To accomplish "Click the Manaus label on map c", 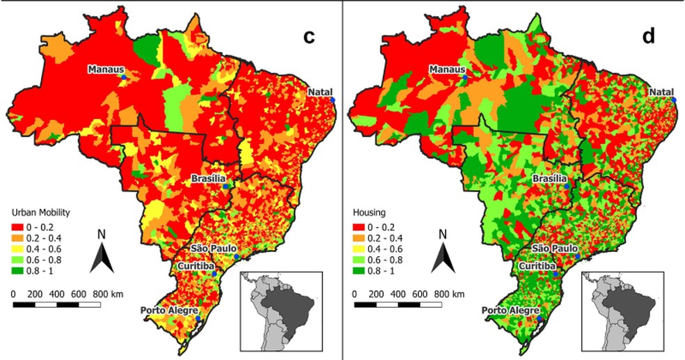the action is point(106,70).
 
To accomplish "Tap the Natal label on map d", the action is point(661,92).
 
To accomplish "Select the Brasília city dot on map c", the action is point(226,187).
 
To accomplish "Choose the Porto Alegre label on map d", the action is point(510,311).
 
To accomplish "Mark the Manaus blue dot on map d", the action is point(465,77).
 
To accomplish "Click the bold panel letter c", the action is point(309,37).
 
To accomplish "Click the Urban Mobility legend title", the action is point(40,213).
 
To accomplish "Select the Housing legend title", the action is point(369,213).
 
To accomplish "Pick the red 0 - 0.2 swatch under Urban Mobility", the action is point(17,227).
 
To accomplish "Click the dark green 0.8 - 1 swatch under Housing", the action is point(359,271).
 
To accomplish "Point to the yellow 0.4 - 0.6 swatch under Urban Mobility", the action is point(17,249).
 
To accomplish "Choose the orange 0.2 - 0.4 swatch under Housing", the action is point(359,238).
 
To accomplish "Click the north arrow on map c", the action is point(102,258).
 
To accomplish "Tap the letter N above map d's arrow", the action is point(443,235).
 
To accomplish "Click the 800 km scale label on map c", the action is point(108,294).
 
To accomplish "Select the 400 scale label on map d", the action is point(398,294).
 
